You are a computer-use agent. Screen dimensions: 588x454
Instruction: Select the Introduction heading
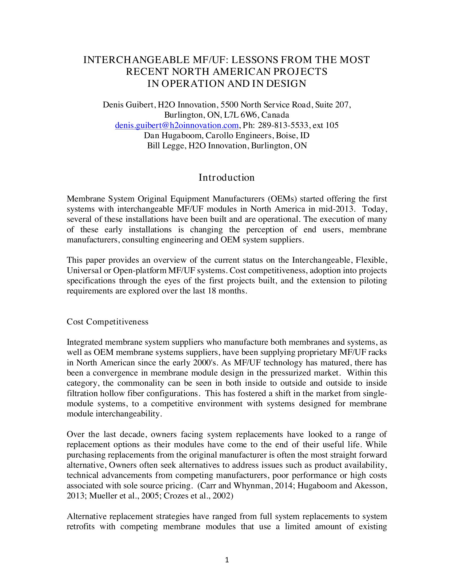(x=226, y=177)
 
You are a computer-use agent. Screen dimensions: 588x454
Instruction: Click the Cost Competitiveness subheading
(x=107, y=322)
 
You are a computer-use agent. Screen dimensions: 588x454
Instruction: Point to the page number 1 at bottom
(x=227, y=560)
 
